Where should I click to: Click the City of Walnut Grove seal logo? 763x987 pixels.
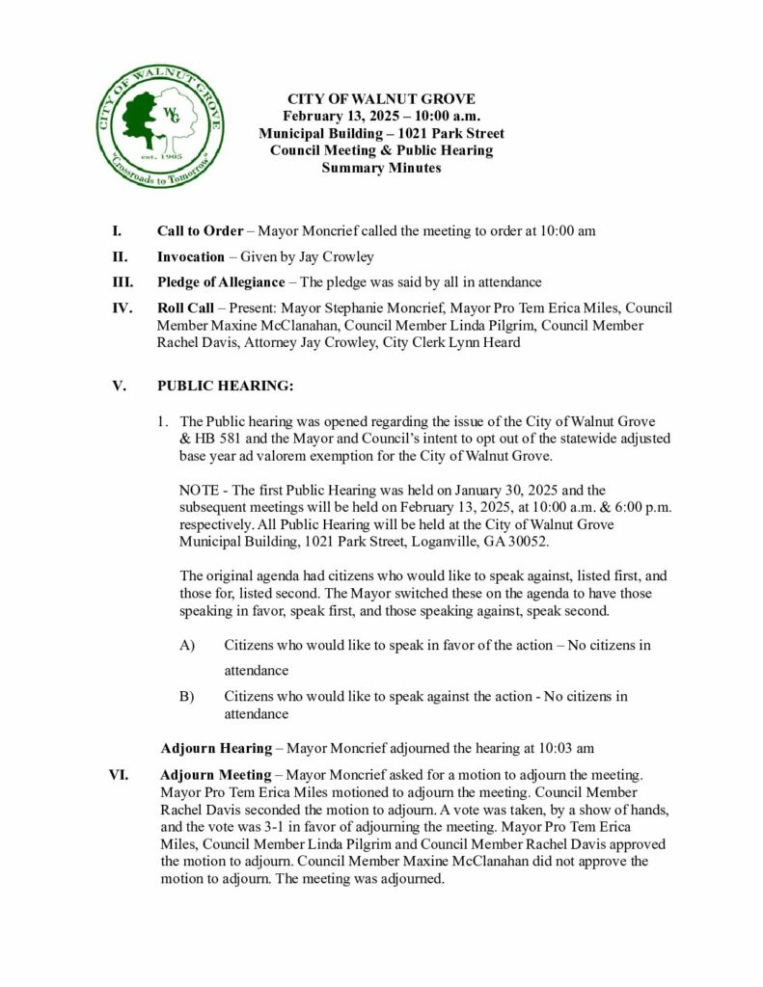click(161, 127)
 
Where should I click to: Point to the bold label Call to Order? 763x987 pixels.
click(201, 231)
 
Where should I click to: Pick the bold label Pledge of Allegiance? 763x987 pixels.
click(221, 281)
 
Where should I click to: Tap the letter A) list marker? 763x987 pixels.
click(187, 645)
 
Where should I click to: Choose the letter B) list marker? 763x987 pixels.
click(187, 696)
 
